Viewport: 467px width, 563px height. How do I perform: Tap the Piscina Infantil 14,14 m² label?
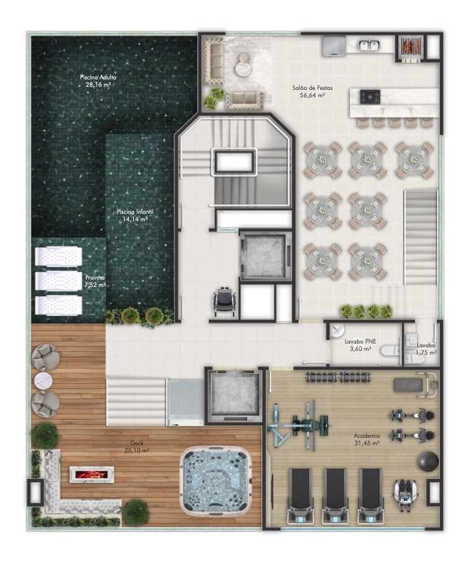[x=135, y=215]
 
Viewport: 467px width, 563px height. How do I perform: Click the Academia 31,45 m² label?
[x=367, y=439]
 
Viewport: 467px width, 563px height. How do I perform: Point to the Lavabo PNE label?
[x=360, y=342]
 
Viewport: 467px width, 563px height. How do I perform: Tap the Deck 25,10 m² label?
[x=137, y=446]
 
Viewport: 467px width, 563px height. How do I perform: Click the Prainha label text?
[x=95, y=278]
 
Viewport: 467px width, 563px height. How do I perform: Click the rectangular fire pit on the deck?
[x=92, y=474]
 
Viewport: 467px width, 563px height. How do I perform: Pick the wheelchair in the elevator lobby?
[x=225, y=301]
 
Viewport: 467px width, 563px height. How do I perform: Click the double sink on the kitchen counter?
[x=369, y=45]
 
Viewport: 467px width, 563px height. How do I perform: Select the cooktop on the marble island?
[x=370, y=96]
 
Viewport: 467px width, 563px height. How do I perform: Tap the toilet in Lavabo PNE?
[x=390, y=351]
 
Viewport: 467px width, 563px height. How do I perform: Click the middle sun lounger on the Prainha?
[x=58, y=281]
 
